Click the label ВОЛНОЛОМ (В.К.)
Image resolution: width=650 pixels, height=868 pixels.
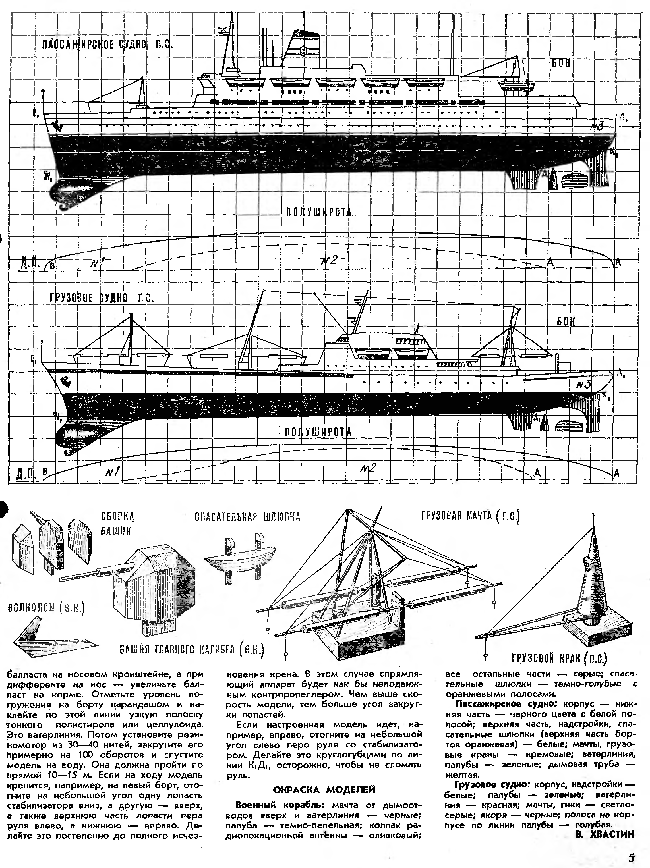pyautogui.click(x=46, y=608)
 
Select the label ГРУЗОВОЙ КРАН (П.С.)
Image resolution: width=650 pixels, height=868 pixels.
pyautogui.click(x=559, y=658)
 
